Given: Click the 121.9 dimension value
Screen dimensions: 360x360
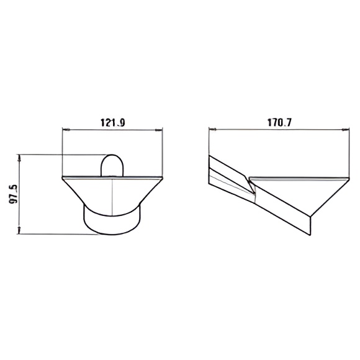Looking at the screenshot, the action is click(x=113, y=123).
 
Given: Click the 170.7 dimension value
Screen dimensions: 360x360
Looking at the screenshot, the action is click(x=279, y=123).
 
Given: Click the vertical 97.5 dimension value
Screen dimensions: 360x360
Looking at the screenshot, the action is click(x=14, y=194).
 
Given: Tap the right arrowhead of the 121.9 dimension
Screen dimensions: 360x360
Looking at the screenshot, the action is click(x=159, y=130).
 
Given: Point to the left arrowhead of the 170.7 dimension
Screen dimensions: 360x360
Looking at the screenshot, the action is click(x=213, y=130).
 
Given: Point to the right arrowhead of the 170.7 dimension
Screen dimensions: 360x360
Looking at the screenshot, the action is click(x=345, y=130).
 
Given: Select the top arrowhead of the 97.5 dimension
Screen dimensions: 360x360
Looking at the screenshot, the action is click(x=19, y=158).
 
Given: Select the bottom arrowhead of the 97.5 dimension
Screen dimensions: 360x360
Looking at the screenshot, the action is click(x=19, y=230).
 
